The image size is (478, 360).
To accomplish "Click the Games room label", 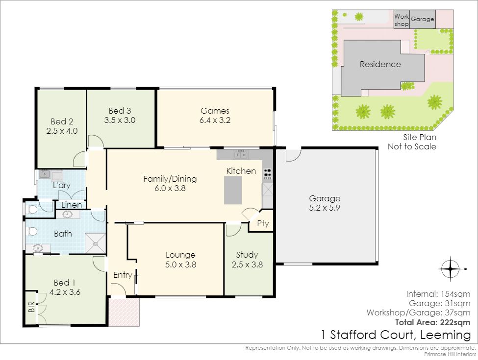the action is pyautogui.click(x=215, y=111).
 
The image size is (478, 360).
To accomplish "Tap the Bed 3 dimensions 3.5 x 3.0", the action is pyautogui.click(x=120, y=120).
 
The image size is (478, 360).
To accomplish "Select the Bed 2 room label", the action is pyautogui.click(x=62, y=121).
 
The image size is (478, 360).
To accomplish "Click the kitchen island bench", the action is pyautogui.click(x=233, y=190).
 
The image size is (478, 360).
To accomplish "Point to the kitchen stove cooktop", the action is pyautogui.click(x=267, y=173).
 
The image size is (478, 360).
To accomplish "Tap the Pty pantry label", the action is pyautogui.click(x=263, y=223).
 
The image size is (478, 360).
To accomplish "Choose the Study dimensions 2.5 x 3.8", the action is pyautogui.click(x=247, y=264).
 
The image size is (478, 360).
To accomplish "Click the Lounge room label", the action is pyautogui.click(x=180, y=255).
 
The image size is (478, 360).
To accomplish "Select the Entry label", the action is pyautogui.click(x=123, y=275).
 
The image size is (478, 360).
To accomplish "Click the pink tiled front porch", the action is pyautogui.click(x=124, y=312).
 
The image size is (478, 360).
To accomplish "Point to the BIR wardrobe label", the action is pyautogui.click(x=31, y=307).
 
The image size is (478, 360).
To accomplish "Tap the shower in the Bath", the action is pyautogui.click(x=96, y=243).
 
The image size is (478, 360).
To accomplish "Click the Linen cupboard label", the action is pyautogui.click(x=72, y=205).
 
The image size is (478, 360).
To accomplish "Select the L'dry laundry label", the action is pyautogui.click(x=62, y=185).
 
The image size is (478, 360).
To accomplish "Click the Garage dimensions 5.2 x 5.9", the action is pyautogui.click(x=325, y=208).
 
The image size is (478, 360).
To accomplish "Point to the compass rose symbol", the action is pyautogui.click(x=451, y=269).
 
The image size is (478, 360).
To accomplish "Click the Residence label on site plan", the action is pyautogui.click(x=380, y=64).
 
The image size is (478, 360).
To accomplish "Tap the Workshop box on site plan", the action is pyautogui.click(x=401, y=20).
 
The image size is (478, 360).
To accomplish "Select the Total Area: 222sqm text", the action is pyautogui.click(x=432, y=322).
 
